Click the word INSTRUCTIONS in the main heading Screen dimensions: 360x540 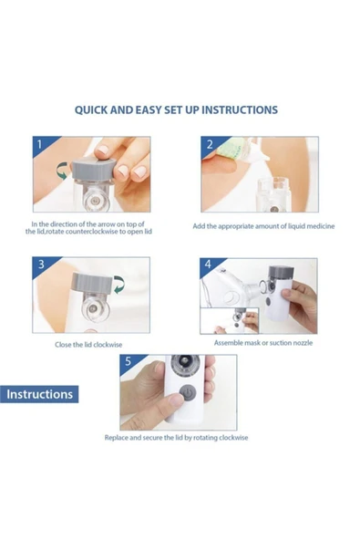pos(240,109)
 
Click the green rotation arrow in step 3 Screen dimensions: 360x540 pos(119,286)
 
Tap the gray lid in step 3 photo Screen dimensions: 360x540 pos(93,284)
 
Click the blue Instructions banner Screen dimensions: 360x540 pos(39,394)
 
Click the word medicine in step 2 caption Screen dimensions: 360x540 pos(321,226)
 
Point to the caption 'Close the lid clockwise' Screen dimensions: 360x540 pos(88,345)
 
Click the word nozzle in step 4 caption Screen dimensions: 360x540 pos(303,343)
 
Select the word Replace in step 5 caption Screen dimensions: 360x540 pos(117,438)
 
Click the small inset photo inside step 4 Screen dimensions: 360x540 pos(230,321)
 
